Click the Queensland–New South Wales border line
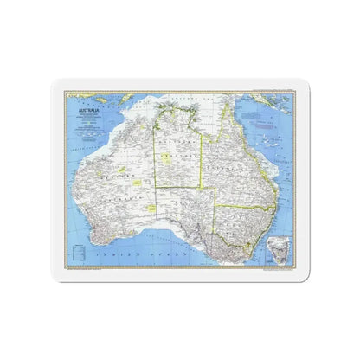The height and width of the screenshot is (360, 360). [247, 206]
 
